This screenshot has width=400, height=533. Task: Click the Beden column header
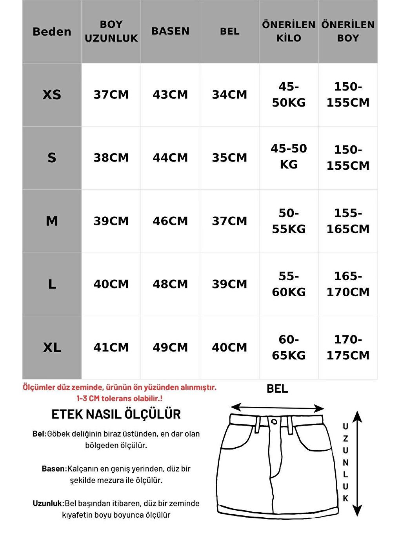click(x=52, y=32)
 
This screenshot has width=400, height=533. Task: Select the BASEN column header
click(x=170, y=31)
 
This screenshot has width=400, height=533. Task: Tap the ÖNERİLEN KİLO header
click(x=289, y=31)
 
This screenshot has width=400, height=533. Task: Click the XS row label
click(x=52, y=95)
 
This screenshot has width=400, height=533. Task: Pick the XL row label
click(x=52, y=348)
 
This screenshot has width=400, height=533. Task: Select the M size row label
click(x=52, y=221)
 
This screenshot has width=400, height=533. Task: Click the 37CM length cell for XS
click(x=111, y=95)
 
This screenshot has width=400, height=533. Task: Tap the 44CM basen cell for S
click(x=170, y=158)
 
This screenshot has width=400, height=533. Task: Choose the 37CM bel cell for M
click(x=229, y=221)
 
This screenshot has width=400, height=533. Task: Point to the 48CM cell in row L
click(x=170, y=284)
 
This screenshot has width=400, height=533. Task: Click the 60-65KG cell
click(x=289, y=348)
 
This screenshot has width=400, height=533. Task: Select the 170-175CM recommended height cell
click(x=348, y=348)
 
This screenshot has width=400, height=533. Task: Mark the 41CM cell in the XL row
click(x=111, y=348)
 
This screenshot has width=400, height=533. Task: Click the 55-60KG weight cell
click(x=289, y=284)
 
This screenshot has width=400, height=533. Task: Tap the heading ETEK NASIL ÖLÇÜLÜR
click(x=116, y=414)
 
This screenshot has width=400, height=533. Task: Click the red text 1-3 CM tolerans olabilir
click(x=119, y=399)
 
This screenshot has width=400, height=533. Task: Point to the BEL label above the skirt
click(x=277, y=389)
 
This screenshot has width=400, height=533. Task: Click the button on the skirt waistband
click(x=274, y=422)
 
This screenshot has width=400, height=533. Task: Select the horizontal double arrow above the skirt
click(x=277, y=408)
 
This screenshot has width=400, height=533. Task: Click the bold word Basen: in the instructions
click(x=55, y=469)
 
